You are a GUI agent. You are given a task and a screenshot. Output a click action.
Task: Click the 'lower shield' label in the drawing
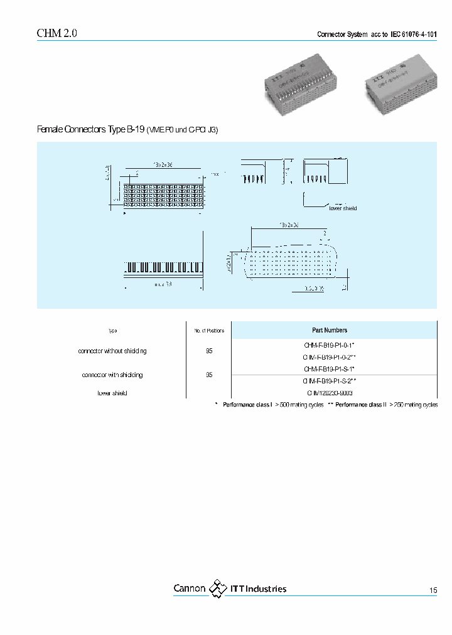point(343,208)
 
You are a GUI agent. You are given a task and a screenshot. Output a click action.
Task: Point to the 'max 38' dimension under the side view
point(163,285)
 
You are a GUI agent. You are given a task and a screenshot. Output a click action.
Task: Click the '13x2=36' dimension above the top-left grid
point(163,164)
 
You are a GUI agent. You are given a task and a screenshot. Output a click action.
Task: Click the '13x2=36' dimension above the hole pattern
point(289,224)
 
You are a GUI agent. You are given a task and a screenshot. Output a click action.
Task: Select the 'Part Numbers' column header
point(330,330)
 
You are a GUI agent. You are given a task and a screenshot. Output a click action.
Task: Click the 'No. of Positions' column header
point(208,331)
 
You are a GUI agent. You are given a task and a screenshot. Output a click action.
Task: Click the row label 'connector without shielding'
point(112,351)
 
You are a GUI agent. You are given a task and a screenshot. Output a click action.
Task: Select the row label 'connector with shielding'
point(112,375)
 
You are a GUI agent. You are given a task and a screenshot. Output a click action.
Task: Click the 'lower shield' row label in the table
point(112,393)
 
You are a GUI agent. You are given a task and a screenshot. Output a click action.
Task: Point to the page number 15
point(433,590)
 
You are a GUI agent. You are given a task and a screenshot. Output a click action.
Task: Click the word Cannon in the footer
point(189,589)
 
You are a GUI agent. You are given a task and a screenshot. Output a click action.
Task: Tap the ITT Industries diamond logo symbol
point(218,589)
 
